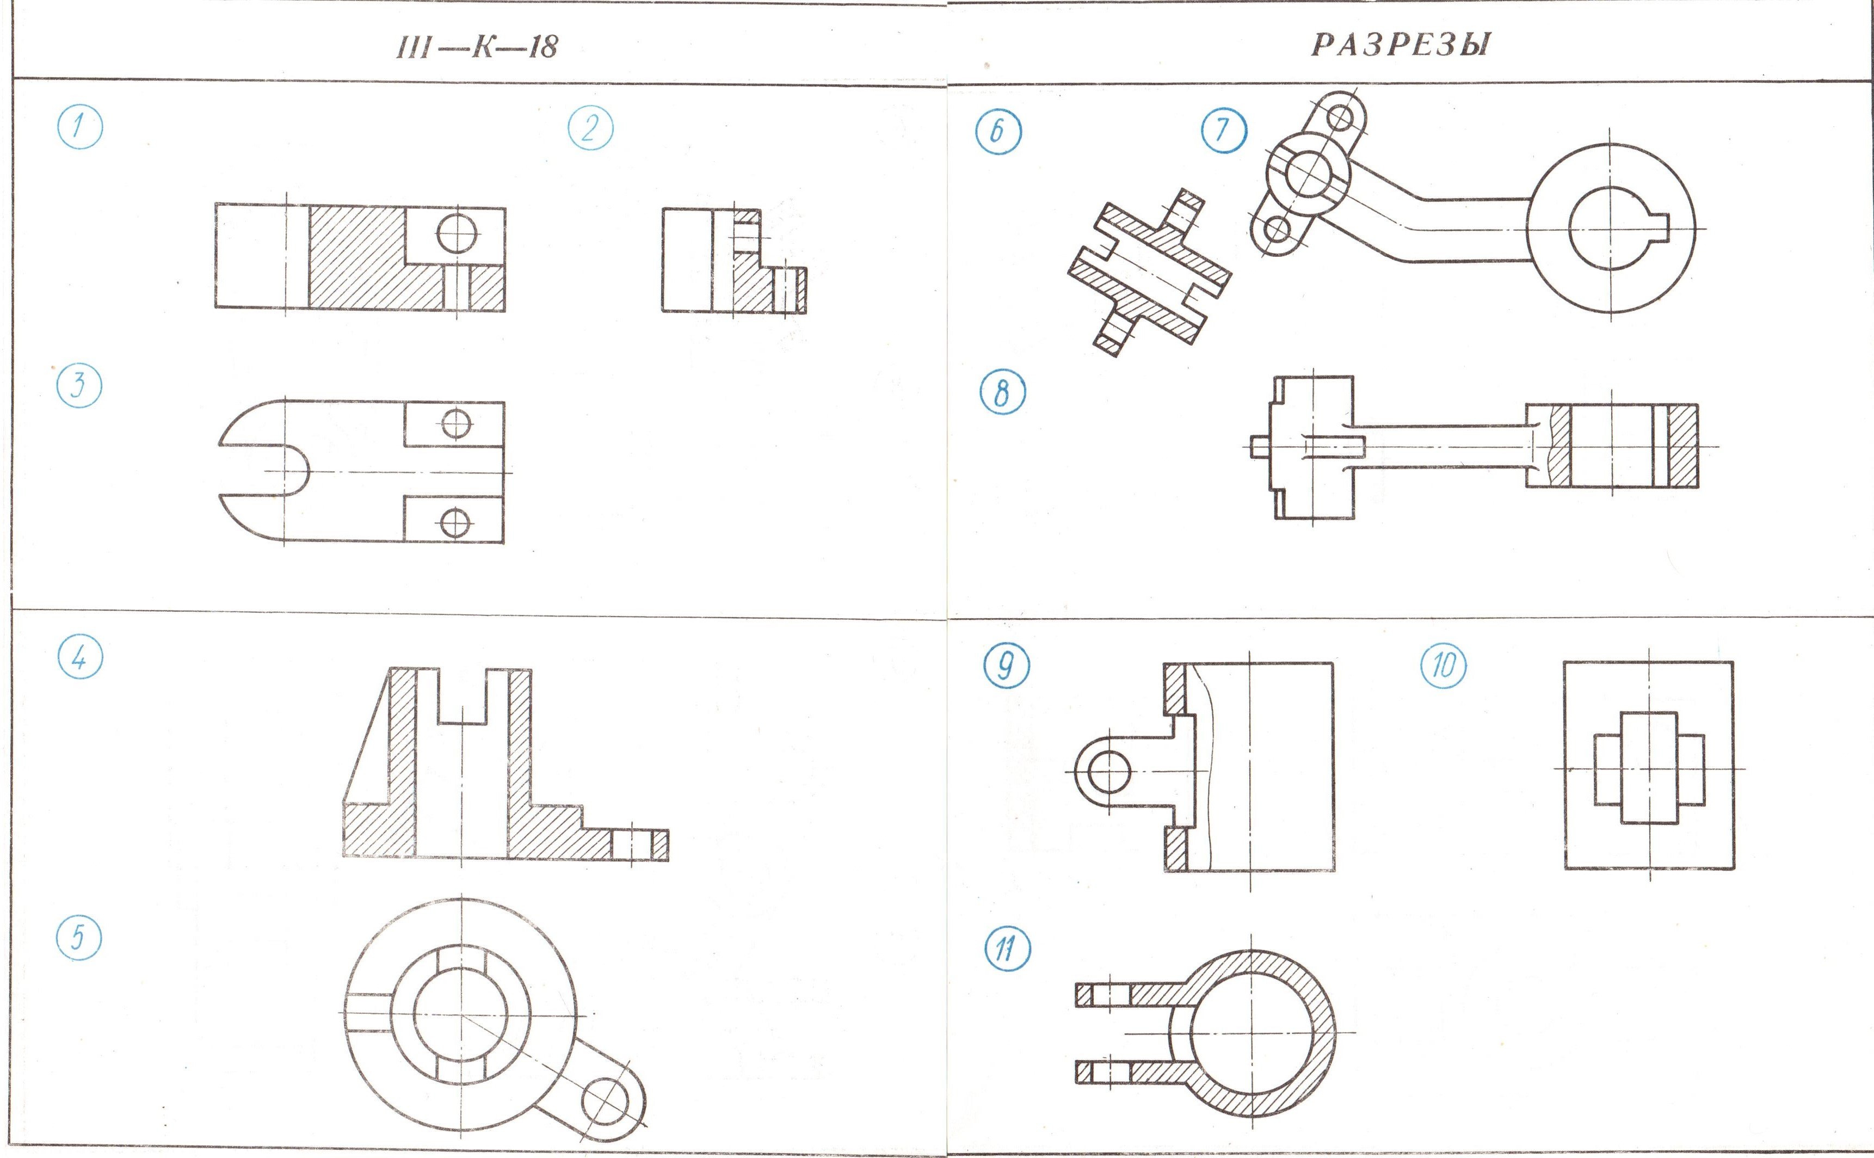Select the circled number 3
(x=79, y=385)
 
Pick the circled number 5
(x=79, y=938)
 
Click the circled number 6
(x=998, y=132)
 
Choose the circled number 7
(x=1223, y=130)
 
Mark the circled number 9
(x=1006, y=666)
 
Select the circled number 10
(x=1444, y=666)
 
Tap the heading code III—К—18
(x=477, y=47)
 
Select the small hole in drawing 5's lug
(x=605, y=1102)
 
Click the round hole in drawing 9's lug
(x=1108, y=771)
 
